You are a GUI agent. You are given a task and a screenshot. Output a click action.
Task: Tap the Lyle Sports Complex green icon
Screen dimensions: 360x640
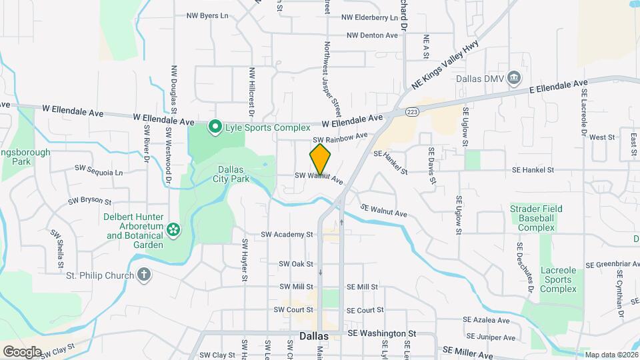click(215, 127)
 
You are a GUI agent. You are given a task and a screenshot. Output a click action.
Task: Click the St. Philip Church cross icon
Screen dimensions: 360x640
click(144, 274)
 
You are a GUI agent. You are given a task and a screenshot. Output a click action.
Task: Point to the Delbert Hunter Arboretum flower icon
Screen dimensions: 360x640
click(173, 230)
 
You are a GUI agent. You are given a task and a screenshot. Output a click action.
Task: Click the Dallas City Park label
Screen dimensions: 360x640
click(231, 174)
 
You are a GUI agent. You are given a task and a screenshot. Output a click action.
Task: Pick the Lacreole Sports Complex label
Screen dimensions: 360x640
click(558, 279)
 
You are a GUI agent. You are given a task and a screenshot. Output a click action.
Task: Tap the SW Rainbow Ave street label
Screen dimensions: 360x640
click(340, 138)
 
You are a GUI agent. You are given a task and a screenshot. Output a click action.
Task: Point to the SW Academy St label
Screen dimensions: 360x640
click(287, 235)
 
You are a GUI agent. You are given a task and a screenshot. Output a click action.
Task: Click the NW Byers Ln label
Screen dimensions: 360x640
click(207, 15)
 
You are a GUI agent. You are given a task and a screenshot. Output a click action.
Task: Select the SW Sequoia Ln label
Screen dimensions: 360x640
click(99, 171)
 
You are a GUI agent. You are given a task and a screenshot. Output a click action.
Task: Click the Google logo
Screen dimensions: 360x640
click(22, 351)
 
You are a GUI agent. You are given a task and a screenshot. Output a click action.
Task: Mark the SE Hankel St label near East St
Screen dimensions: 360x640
click(532, 170)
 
